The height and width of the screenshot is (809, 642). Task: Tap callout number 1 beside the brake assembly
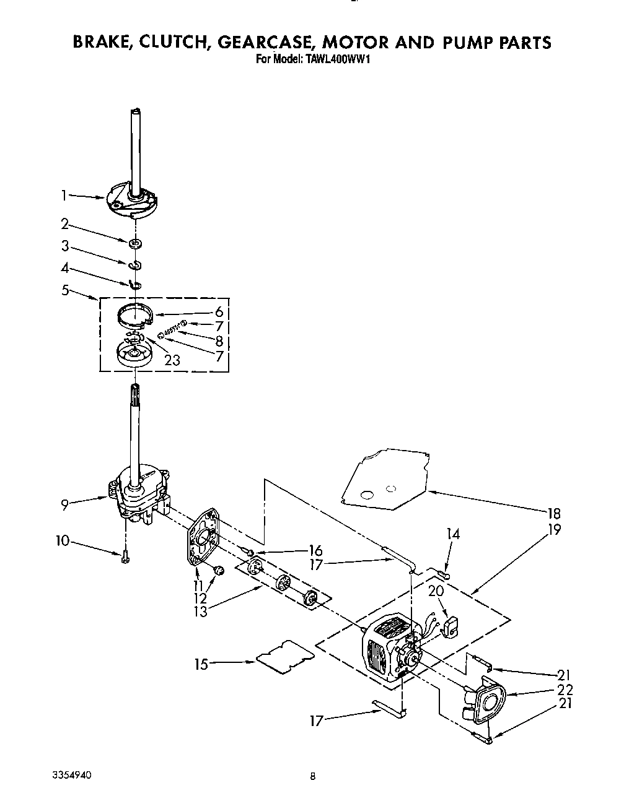(x=63, y=196)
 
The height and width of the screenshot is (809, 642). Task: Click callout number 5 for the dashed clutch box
(x=64, y=288)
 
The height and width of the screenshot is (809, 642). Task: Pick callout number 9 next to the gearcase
(x=64, y=505)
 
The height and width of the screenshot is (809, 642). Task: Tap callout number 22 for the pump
(x=565, y=690)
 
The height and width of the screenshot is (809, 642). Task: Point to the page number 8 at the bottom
(x=314, y=776)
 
